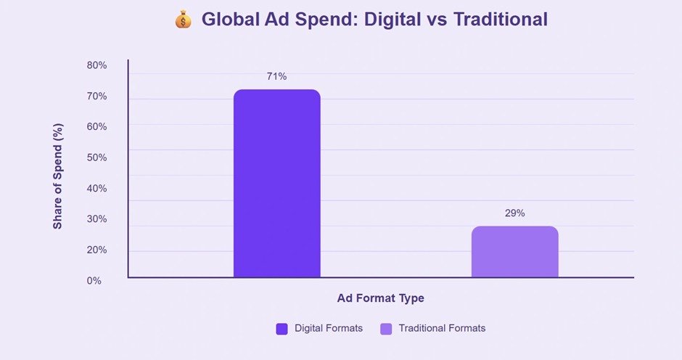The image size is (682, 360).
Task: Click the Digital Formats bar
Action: (x=277, y=183)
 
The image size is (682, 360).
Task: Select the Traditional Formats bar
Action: (x=515, y=252)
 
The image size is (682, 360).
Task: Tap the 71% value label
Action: (x=276, y=77)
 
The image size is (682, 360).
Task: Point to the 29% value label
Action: (x=515, y=213)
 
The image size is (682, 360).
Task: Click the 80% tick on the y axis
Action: (x=96, y=65)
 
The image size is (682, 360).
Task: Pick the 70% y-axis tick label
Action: (x=96, y=97)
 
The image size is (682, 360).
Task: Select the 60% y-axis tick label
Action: (x=96, y=127)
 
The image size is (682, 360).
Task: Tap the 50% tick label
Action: (x=96, y=157)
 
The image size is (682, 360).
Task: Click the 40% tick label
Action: (x=96, y=189)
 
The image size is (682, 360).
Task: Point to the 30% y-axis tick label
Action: (x=96, y=219)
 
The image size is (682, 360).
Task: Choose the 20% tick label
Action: (x=96, y=250)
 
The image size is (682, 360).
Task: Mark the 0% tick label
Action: (x=94, y=281)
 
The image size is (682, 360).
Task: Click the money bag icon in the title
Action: (x=183, y=20)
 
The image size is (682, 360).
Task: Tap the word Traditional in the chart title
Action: (x=501, y=20)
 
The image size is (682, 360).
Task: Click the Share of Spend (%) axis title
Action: (x=58, y=176)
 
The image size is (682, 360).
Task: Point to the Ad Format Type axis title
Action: (x=381, y=298)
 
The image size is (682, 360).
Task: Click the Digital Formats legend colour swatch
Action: (x=282, y=329)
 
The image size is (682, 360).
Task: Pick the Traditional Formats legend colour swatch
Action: (x=386, y=329)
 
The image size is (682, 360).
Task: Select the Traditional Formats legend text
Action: (x=442, y=328)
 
